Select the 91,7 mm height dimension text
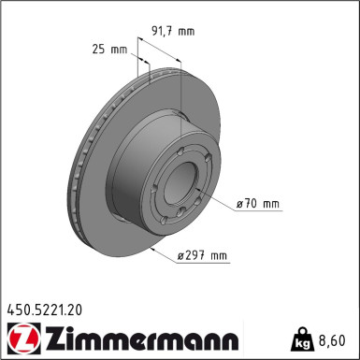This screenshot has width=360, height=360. pos(173,31)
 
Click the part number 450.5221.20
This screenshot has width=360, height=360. pos(46,307)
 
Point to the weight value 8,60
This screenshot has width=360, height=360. pos(338,339)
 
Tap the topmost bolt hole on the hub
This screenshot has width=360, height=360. pos(180,141)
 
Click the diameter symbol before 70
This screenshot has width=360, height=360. pos(239,203)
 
